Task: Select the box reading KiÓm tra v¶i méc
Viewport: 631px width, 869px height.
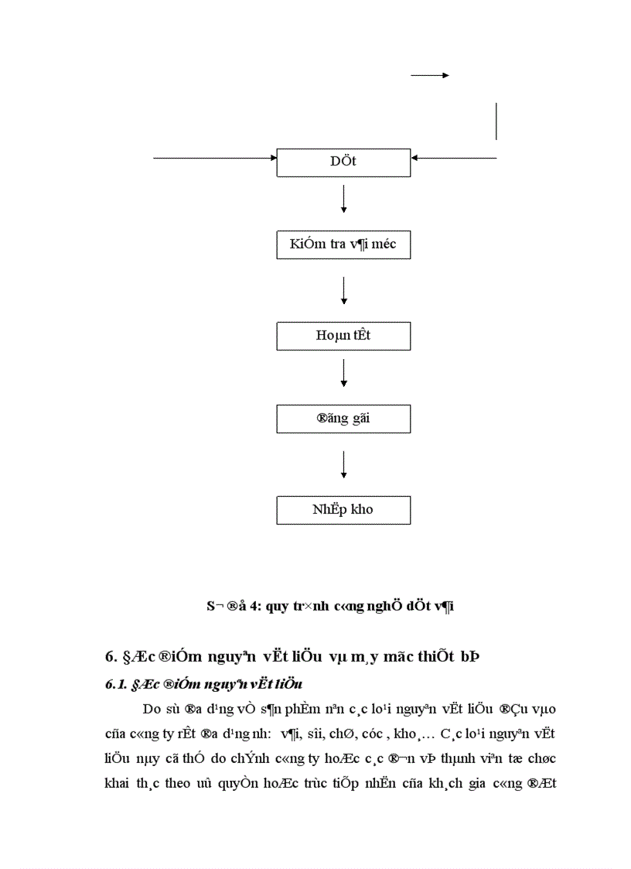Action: coord(343,245)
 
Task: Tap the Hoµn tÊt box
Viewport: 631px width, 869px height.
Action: coord(343,336)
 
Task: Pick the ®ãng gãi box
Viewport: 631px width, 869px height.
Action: coord(343,419)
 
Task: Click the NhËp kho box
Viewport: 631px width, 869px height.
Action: coord(343,510)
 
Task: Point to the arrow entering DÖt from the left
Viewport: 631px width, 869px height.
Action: coord(215,158)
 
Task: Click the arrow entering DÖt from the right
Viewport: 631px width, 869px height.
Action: coord(454,158)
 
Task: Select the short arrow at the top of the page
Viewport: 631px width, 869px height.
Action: coord(429,75)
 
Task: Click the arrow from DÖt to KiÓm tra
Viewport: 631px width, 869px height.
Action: coord(343,199)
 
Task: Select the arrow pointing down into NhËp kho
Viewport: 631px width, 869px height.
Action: coord(343,464)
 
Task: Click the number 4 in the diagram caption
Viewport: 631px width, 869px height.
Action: coord(250,608)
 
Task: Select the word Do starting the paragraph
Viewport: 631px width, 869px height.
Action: coord(152,709)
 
